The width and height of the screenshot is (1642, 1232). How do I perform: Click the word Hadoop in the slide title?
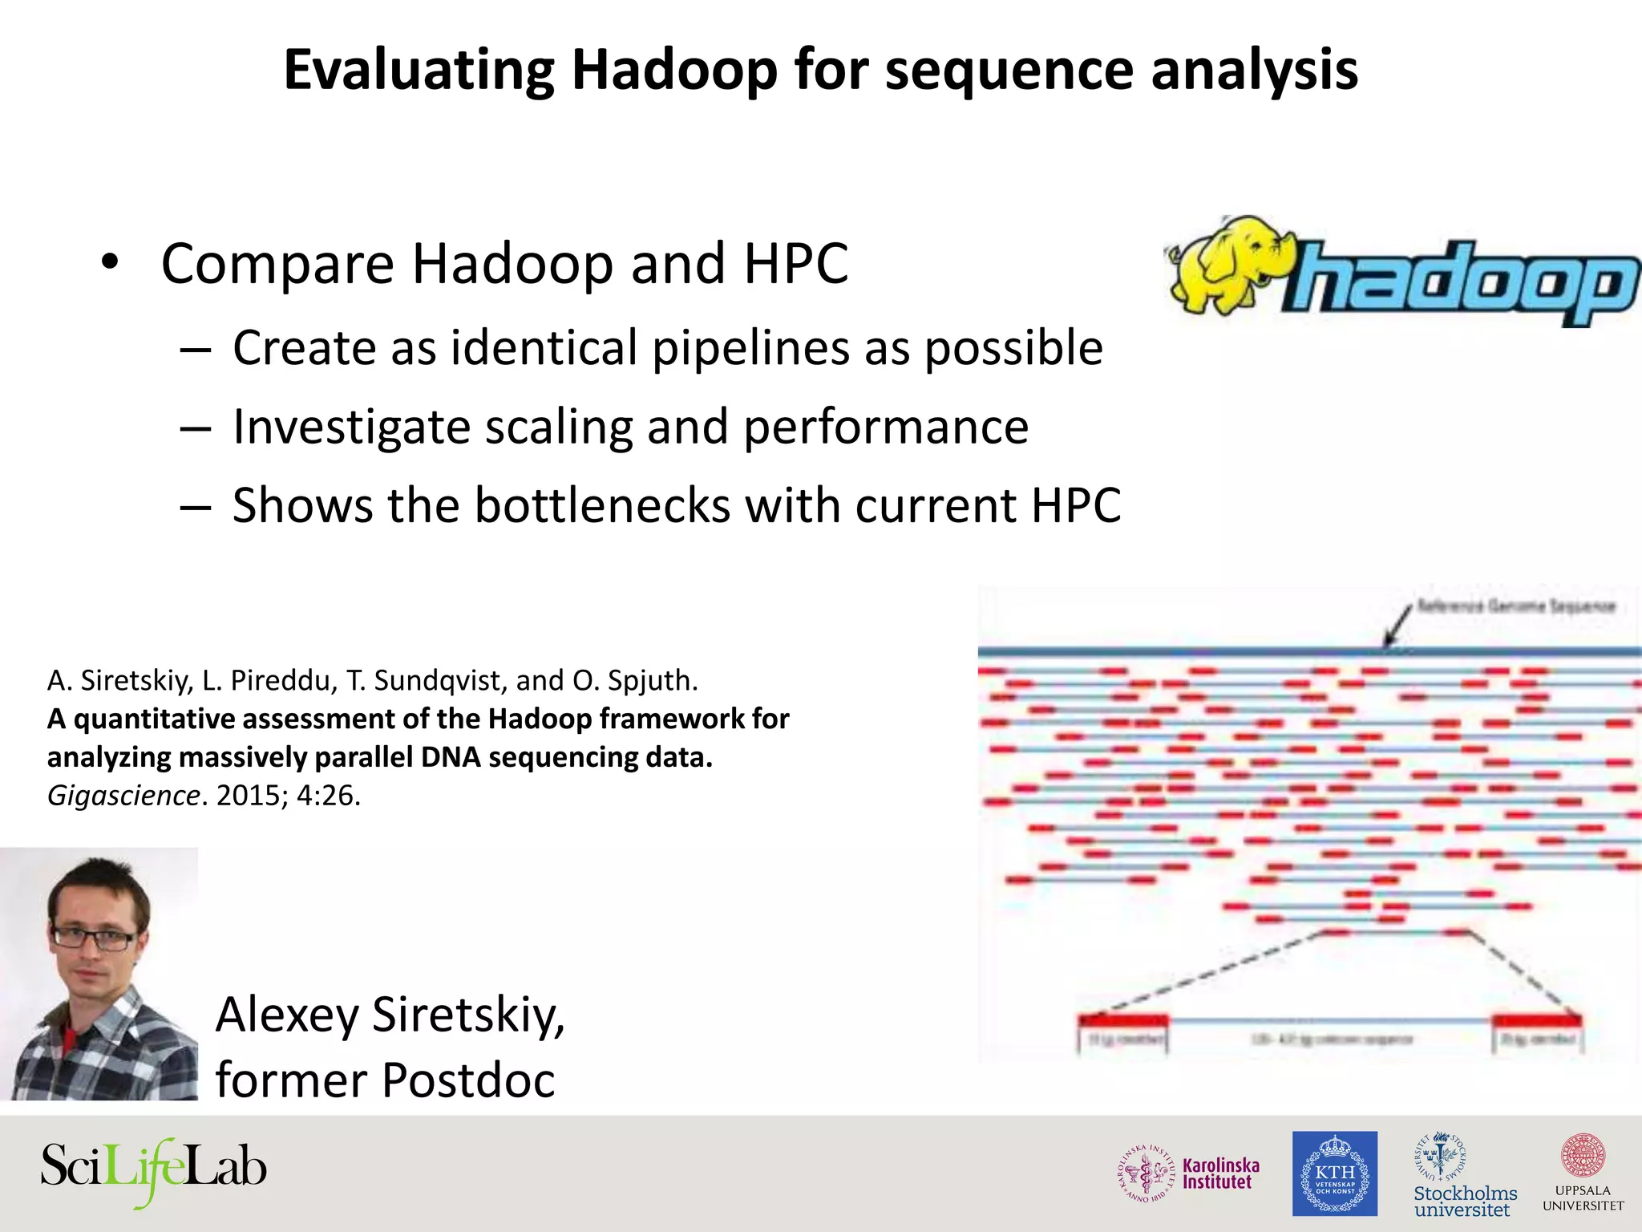click(x=673, y=71)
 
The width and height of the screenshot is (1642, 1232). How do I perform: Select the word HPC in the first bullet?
click(x=795, y=264)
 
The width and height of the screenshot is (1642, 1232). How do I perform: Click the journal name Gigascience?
click(x=123, y=796)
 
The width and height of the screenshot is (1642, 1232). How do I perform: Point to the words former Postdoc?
click(x=385, y=1080)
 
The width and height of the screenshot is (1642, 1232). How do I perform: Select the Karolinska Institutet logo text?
click(x=1220, y=1173)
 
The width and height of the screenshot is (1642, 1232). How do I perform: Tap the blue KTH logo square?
click(x=1335, y=1173)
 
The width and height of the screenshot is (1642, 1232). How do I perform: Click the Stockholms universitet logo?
click(x=1464, y=1175)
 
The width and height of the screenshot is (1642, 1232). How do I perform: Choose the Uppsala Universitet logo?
click(x=1583, y=1173)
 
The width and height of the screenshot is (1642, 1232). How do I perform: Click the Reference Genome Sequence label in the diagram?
click(x=1515, y=606)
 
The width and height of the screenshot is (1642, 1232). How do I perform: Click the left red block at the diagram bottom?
click(x=1122, y=1021)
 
